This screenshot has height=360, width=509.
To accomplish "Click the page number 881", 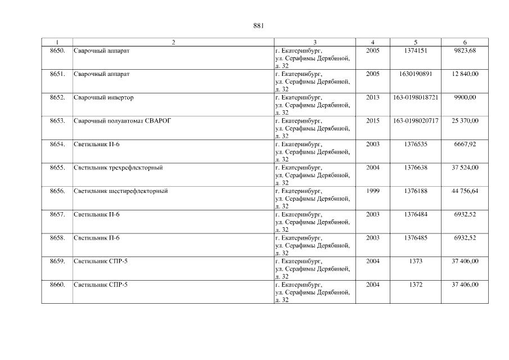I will (x=259, y=26).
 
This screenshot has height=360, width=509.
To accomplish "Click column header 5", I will (x=415, y=42).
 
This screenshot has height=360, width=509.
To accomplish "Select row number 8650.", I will (x=57, y=51).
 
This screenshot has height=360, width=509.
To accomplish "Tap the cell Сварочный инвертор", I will (x=103, y=97).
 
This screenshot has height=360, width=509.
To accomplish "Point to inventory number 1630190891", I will (x=415, y=74).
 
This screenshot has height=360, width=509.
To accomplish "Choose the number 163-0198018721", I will (x=415, y=97).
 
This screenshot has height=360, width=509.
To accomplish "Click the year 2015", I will (x=372, y=121).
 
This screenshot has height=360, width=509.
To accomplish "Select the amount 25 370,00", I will (x=465, y=121).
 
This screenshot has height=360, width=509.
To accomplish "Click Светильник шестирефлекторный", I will (x=120, y=191).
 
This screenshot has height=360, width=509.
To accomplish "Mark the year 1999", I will (x=372, y=191).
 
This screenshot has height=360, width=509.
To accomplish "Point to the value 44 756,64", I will (x=465, y=191).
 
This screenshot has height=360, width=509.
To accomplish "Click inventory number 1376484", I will (x=415, y=214).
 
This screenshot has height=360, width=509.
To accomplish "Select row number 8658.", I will (x=57, y=238).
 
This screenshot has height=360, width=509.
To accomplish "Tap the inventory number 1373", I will (x=415, y=262).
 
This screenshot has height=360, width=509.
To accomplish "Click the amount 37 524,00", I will (x=465, y=168).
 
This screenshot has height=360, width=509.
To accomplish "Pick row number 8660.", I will (x=57, y=285).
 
